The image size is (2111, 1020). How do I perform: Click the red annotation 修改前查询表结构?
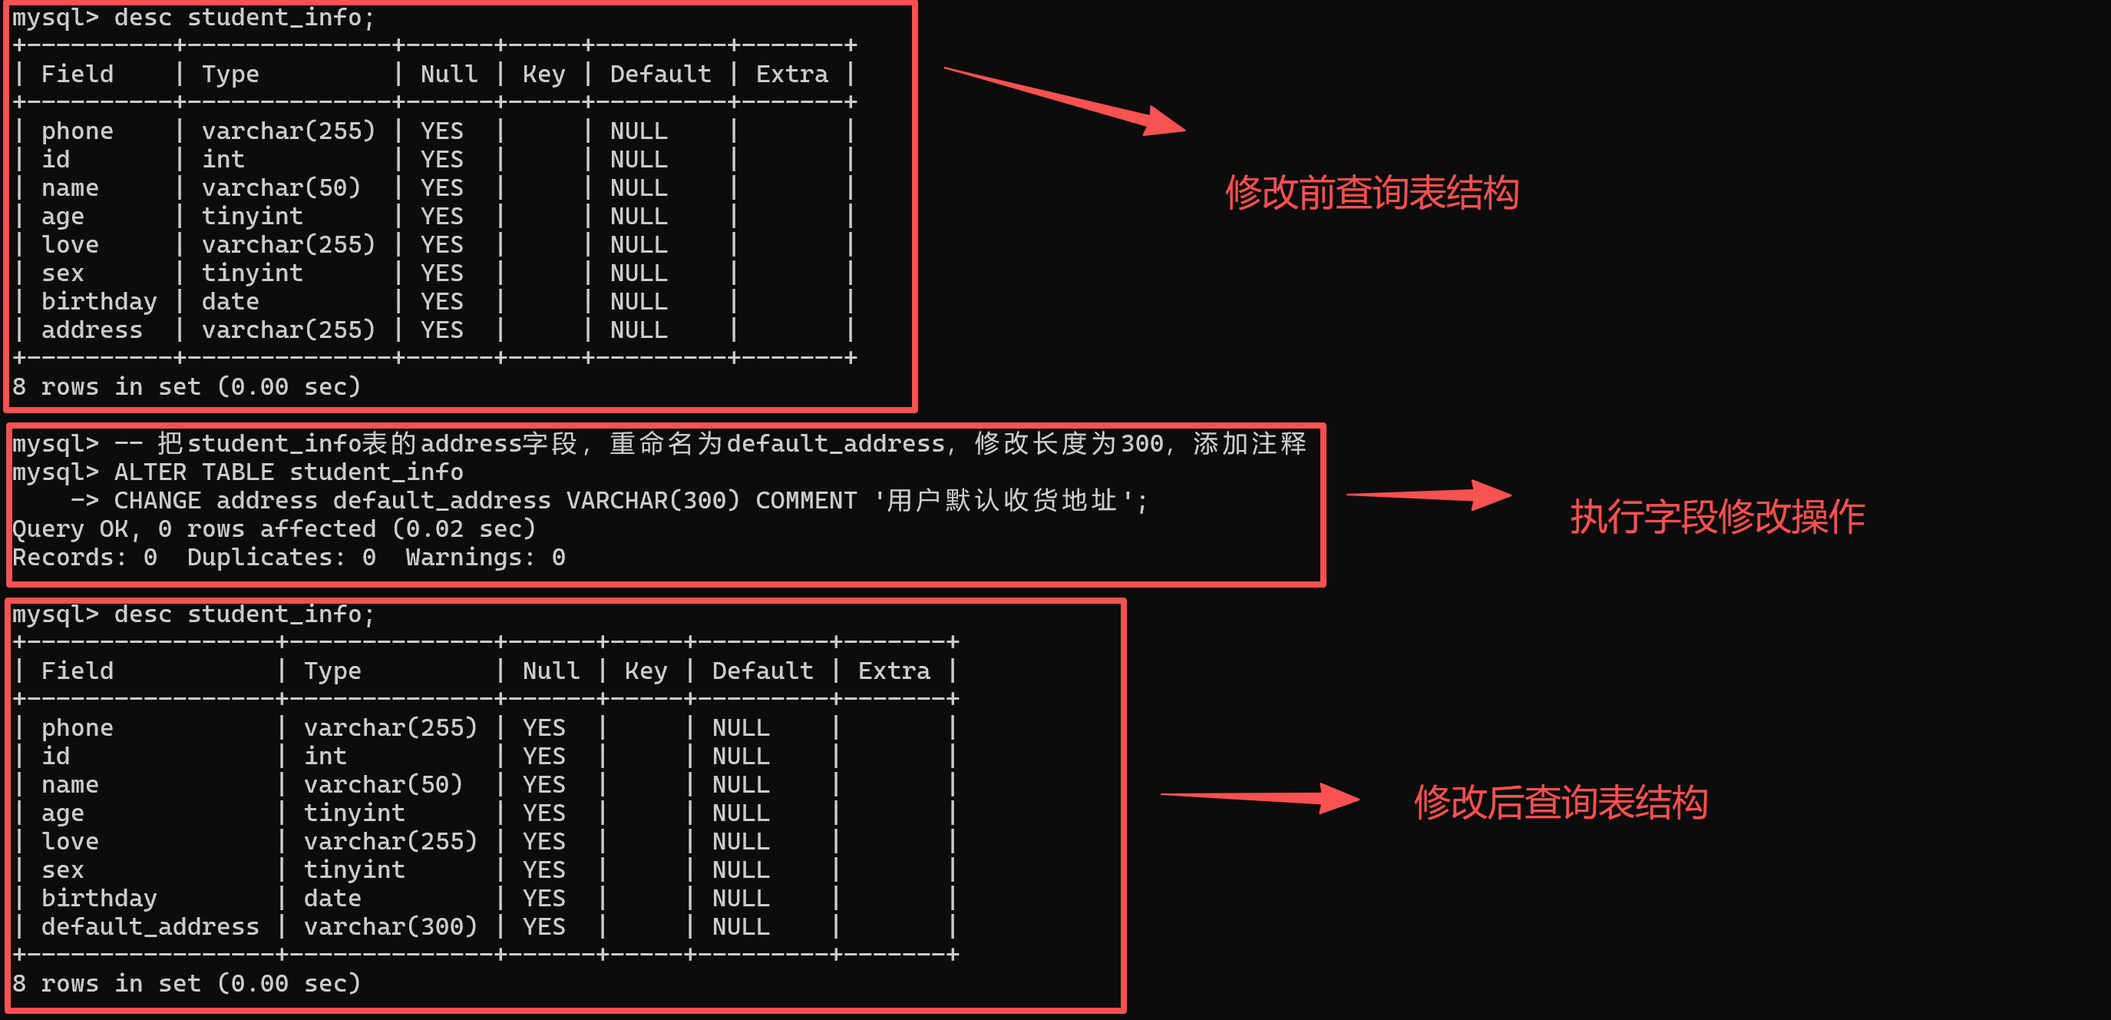pos(1372,194)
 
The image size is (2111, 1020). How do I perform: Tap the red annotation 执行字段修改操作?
pos(1718,518)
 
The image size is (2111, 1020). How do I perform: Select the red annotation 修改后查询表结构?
pos(1561,803)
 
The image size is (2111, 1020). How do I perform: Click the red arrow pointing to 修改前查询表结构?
pos(1065,100)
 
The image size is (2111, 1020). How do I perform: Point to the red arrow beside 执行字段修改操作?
pos(1429,495)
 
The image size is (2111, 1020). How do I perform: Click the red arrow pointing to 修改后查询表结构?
pos(1260,797)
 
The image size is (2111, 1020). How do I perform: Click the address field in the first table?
pos(92,330)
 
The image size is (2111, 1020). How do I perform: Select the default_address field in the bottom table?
pos(150,927)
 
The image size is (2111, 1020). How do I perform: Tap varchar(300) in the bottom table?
pos(390,927)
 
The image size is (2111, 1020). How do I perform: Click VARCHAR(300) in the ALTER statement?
pos(653,501)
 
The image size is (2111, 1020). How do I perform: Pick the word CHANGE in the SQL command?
pos(157,501)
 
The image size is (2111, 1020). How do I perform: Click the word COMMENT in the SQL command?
pos(806,501)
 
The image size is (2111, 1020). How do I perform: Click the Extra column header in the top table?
pos(791,75)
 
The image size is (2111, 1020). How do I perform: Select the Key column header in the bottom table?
pos(646,671)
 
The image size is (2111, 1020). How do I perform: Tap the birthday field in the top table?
pos(99,303)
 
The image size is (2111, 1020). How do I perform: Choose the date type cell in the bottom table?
pos(332,899)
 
